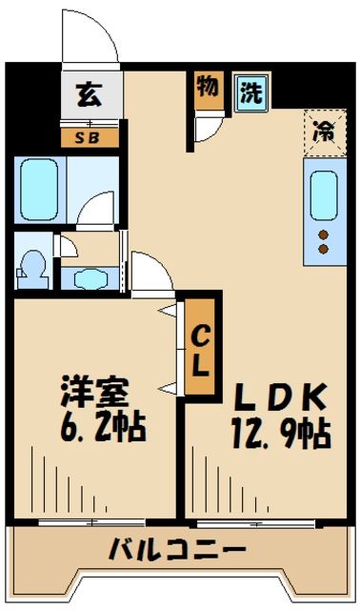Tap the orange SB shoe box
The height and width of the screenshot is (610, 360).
pyautogui.click(x=90, y=136)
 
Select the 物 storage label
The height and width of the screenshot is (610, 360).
pyautogui.click(x=207, y=88)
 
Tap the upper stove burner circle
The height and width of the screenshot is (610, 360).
pyautogui.click(x=322, y=234)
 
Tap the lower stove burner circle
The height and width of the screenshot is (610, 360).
pyautogui.click(x=322, y=250)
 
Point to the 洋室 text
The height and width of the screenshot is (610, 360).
pyautogui.click(x=93, y=394)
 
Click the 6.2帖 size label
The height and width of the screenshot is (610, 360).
pyautogui.click(x=100, y=427)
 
